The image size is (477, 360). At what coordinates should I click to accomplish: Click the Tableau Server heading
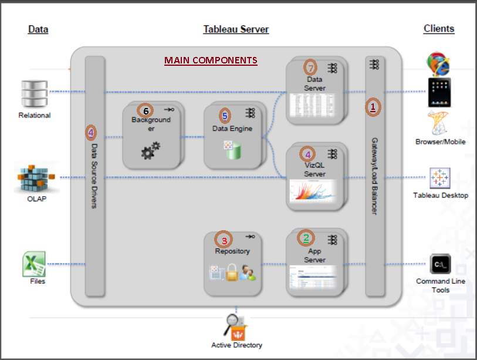tap(236, 29)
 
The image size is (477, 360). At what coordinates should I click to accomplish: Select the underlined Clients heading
tap(438, 28)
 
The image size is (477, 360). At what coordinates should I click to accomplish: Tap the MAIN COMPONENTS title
tap(211, 60)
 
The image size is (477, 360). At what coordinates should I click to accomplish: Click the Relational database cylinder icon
tap(35, 93)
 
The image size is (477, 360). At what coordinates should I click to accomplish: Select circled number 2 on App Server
tap(306, 237)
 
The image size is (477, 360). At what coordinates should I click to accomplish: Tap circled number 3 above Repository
tap(224, 239)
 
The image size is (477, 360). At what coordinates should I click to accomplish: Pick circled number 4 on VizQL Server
tap(307, 154)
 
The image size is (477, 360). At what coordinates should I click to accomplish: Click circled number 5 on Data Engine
tap(224, 116)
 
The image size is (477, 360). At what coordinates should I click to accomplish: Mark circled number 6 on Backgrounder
tap(145, 110)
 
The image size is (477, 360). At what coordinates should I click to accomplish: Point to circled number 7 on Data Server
tap(310, 66)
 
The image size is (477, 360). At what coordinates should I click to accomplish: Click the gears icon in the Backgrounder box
tap(150, 150)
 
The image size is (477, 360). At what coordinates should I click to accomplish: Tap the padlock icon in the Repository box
tap(232, 272)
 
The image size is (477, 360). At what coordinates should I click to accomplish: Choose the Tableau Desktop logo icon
tap(440, 178)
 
